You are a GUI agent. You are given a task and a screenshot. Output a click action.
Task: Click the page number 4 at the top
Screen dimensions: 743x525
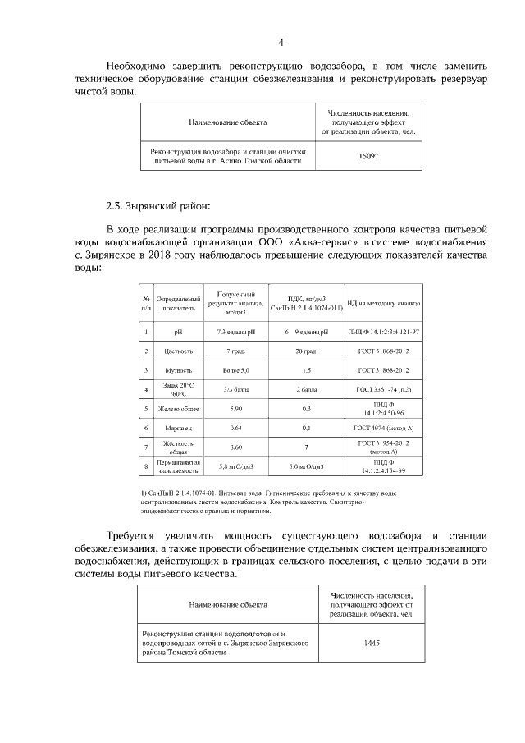(281, 43)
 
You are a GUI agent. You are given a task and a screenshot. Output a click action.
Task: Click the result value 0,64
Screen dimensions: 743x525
(235, 428)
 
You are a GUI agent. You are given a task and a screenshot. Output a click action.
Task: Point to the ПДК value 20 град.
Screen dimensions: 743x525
(306, 351)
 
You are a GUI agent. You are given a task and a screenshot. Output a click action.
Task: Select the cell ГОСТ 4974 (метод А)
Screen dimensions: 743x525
(383, 428)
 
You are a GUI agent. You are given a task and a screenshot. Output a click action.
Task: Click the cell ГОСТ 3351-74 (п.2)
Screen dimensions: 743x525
(383, 389)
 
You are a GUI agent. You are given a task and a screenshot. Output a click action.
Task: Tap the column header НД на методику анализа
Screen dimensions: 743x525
(383, 303)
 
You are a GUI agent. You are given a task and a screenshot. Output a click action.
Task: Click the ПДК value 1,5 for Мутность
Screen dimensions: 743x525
(306, 371)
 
